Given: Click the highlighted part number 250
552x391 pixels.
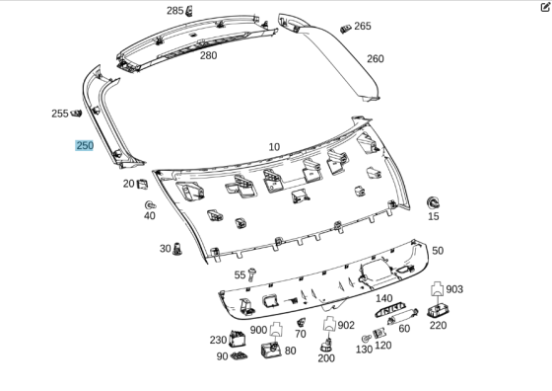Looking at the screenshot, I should (x=85, y=145).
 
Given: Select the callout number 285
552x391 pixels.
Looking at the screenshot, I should (x=174, y=11).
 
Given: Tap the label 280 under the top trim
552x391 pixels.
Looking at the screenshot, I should (x=208, y=56).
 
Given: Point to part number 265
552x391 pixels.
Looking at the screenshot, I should (x=363, y=27).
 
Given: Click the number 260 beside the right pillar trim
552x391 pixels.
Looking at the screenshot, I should (x=375, y=59).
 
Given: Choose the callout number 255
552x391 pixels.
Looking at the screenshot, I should (x=60, y=114).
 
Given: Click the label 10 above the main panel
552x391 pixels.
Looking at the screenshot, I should (x=274, y=146).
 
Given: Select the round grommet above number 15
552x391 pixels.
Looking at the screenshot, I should (x=433, y=200).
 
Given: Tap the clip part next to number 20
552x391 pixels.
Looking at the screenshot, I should (x=144, y=183).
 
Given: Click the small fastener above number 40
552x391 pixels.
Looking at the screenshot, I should (x=150, y=203).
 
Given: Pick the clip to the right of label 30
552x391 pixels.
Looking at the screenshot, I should (x=179, y=248).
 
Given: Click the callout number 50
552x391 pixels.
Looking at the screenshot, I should (x=437, y=252).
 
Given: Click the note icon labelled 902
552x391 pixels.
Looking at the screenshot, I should (x=329, y=324).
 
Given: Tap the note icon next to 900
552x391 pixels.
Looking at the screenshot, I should (x=276, y=328).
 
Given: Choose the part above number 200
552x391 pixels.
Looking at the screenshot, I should (x=326, y=345).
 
